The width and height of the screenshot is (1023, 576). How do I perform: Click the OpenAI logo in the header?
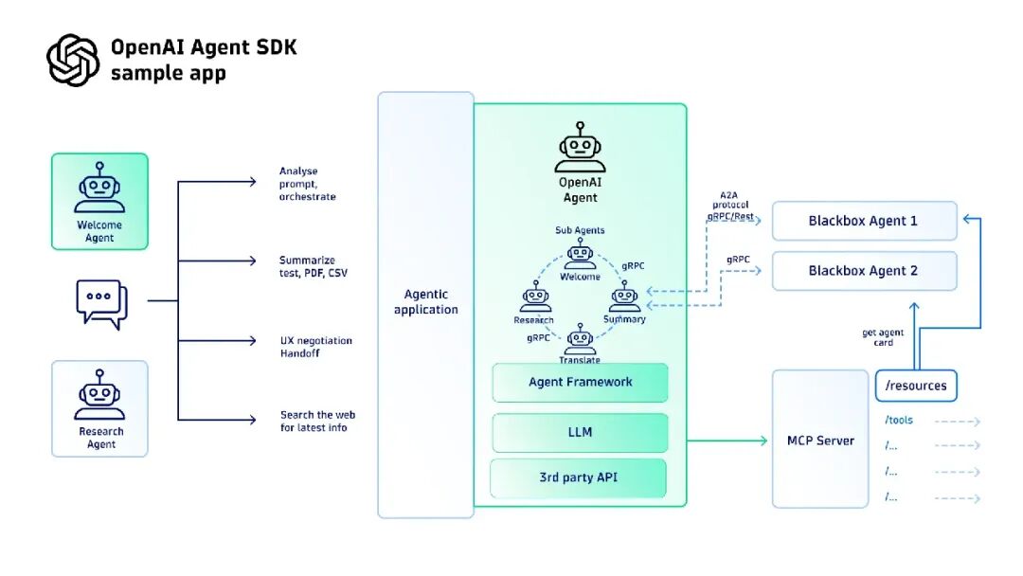[x=73, y=60]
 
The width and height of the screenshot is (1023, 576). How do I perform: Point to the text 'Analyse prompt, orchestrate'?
[x=307, y=184]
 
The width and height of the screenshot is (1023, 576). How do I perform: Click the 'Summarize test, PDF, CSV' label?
[x=307, y=266]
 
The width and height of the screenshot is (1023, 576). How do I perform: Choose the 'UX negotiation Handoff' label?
[x=315, y=347]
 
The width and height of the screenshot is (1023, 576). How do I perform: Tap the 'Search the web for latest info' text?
[x=317, y=421]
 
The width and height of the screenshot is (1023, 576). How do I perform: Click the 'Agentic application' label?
[x=425, y=302]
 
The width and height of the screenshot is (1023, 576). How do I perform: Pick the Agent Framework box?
[x=580, y=383]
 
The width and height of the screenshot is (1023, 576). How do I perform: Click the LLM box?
[x=580, y=432]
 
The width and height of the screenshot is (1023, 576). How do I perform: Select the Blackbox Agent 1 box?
[x=863, y=221]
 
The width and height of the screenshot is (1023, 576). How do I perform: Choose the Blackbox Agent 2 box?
[x=863, y=271]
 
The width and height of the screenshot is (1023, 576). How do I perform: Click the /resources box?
[x=915, y=387]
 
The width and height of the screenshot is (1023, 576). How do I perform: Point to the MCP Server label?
[x=820, y=441]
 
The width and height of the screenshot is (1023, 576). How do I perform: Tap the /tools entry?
[x=900, y=420]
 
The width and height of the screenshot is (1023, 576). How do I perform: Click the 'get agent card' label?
[x=883, y=337]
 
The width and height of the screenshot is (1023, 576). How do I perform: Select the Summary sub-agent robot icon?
[x=624, y=299]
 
